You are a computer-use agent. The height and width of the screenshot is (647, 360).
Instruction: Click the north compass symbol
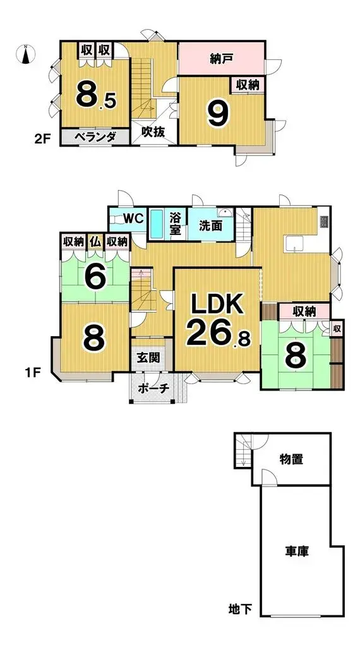[25, 55]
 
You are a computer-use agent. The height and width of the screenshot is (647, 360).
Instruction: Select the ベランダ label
[95, 136]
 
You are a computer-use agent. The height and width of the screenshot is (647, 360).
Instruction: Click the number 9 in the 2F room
[217, 114]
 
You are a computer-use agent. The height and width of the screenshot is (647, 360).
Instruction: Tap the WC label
[133, 219]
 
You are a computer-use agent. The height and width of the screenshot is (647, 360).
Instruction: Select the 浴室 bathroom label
[176, 224]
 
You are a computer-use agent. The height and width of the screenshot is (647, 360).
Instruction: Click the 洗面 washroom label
[210, 225]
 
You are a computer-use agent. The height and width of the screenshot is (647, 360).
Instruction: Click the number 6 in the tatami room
[94, 276]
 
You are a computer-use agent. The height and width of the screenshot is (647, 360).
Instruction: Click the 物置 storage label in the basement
[292, 459]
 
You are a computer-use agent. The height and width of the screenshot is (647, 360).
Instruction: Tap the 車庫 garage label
[295, 551]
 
